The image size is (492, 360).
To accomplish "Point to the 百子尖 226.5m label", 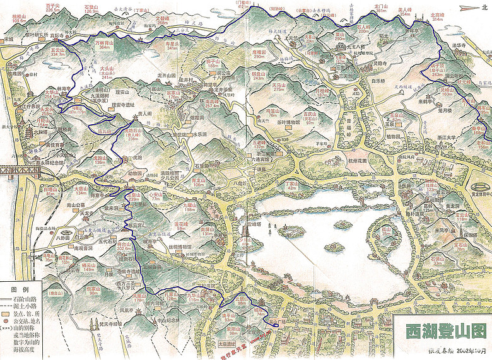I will pos(53,8).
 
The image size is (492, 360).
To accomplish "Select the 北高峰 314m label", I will pos(437,17).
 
